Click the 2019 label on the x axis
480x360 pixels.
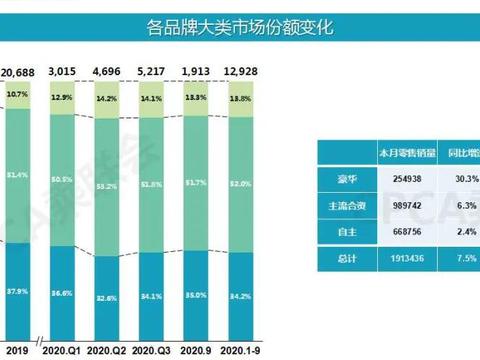[16, 350]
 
